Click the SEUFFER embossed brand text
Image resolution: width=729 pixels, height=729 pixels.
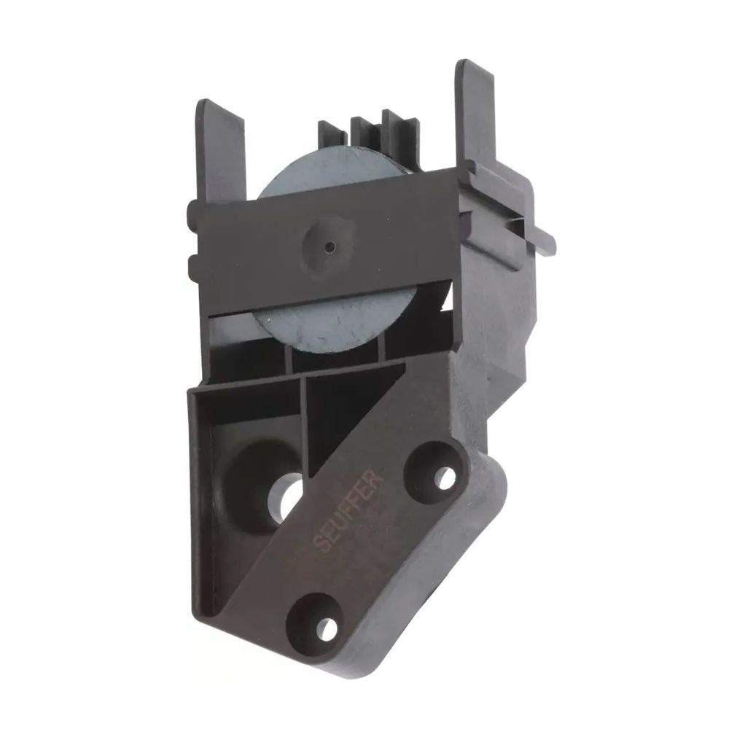pyautogui.click(x=348, y=512)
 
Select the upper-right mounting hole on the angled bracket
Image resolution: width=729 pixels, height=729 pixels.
pyautogui.click(x=445, y=477)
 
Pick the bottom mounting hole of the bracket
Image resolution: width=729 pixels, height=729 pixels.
pyautogui.click(x=327, y=628)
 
